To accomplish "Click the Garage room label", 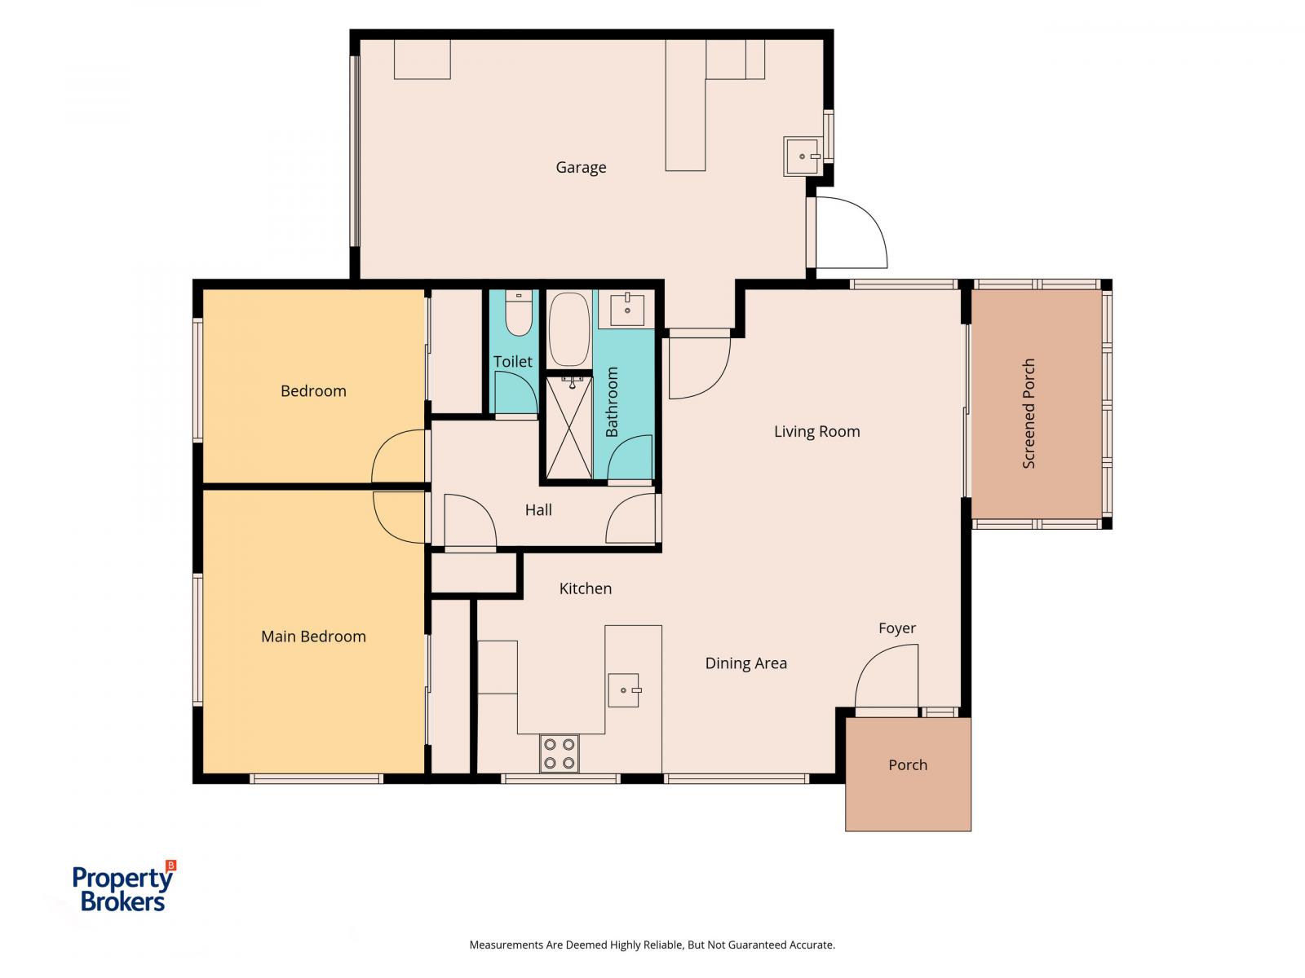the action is [580, 167].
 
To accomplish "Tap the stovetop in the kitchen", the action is [559, 753].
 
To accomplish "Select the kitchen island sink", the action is [624, 690].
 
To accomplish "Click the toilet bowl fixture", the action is [519, 313].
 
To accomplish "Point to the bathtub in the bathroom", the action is [569, 329].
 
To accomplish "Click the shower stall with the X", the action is [569, 428].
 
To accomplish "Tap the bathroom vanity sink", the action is [626, 309].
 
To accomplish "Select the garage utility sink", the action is [802, 156].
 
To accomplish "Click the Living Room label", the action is [816, 432].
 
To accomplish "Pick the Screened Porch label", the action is [1028, 413].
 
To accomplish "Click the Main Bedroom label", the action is [313, 637].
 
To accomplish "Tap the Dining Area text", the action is [745, 663].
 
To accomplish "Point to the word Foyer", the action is [896, 628].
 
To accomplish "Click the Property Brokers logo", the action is [124, 888].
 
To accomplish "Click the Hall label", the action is [538, 510].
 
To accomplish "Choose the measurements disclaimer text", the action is [652, 945].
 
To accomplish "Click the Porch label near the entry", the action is [907, 764].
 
